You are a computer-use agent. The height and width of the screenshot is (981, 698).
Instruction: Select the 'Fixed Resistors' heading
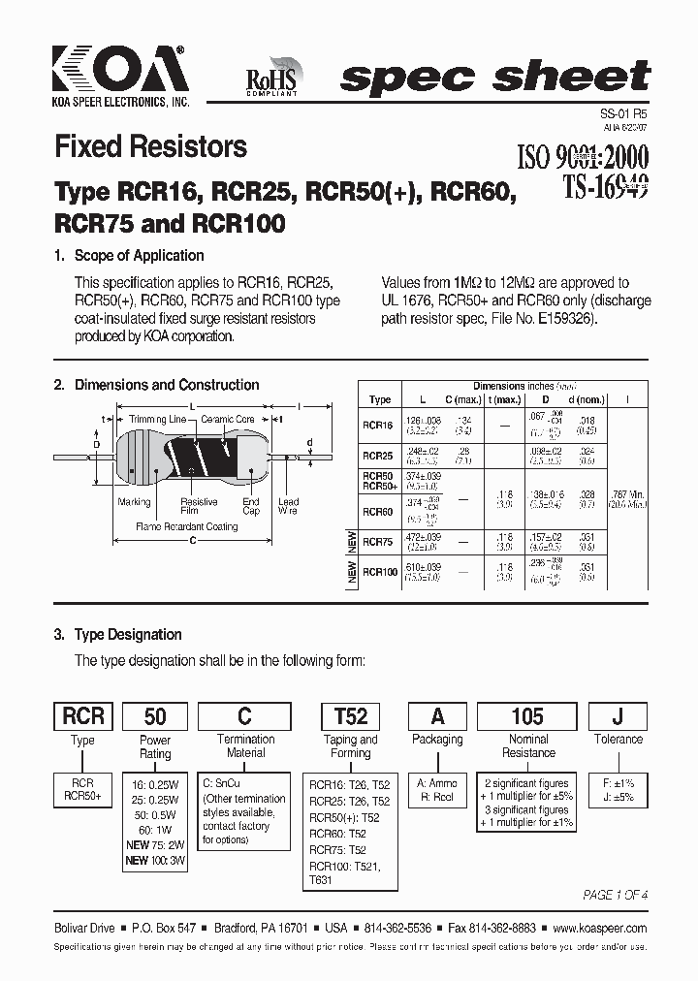150,147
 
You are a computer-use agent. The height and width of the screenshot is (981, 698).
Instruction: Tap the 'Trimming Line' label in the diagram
157,420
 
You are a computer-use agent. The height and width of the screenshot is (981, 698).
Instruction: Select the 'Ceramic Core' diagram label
228,420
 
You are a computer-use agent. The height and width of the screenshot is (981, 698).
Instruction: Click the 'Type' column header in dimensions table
380,399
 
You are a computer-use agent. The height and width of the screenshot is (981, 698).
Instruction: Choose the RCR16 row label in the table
377,425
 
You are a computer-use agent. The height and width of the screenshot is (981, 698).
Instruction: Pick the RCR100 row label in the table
380,573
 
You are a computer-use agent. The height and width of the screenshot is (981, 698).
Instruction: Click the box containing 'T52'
351,715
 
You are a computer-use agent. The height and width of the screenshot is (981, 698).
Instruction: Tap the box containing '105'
527,715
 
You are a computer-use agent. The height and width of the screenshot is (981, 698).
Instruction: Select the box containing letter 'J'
618,715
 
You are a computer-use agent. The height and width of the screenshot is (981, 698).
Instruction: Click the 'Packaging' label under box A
438,740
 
